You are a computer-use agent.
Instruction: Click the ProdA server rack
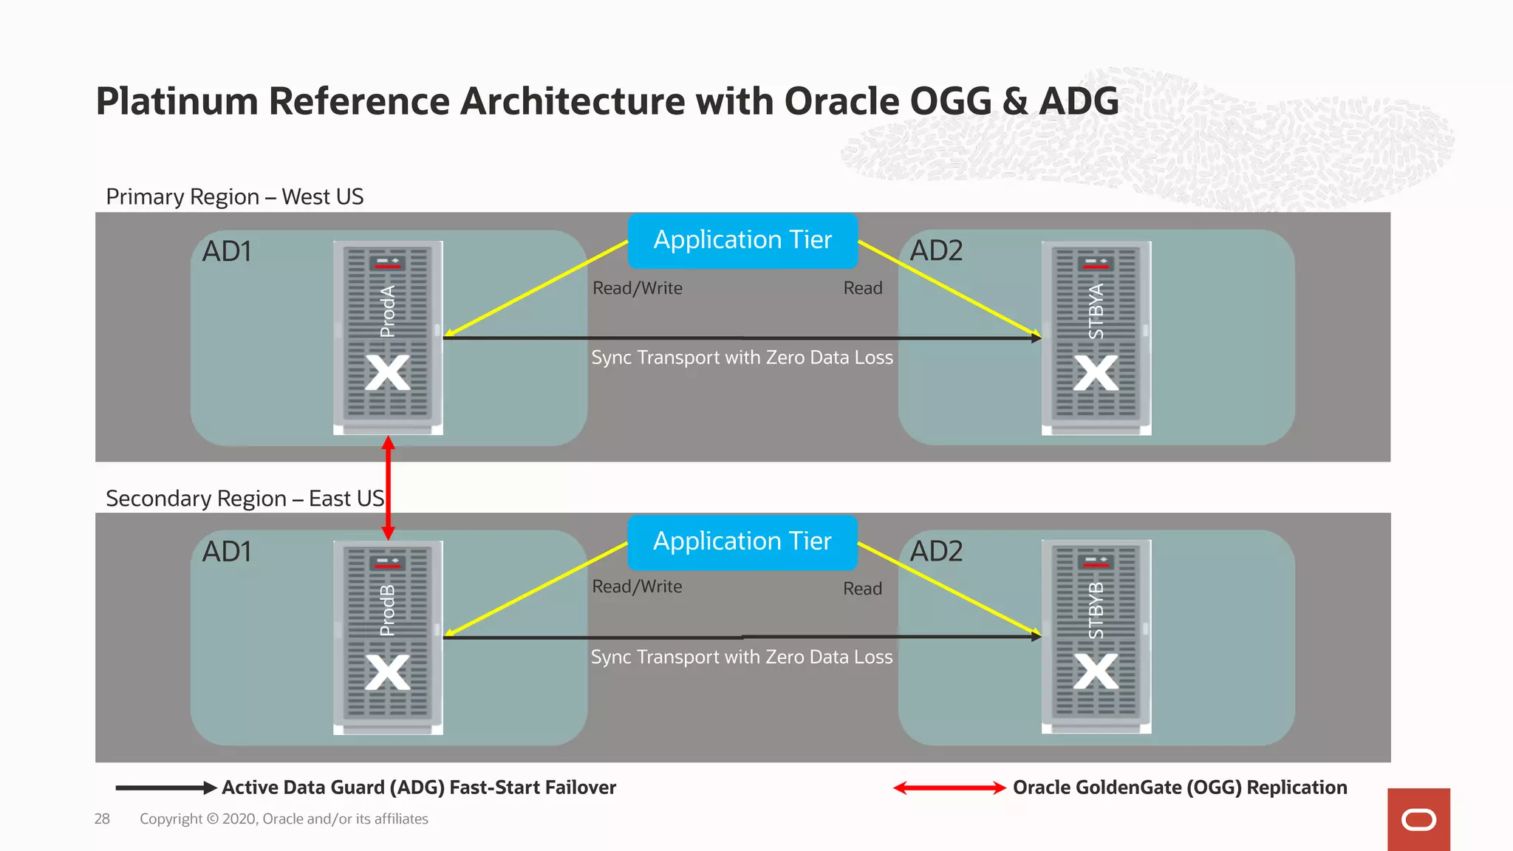[x=388, y=338]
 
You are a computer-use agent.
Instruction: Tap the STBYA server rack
[x=1096, y=338]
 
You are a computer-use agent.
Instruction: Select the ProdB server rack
[x=388, y=638]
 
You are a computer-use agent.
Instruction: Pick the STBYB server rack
[x=1096, y=637]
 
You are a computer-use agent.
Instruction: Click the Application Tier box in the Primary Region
[x=742, y=240]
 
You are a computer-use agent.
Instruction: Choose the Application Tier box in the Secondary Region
[x=742, y=541]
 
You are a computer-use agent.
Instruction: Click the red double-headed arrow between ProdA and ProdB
[x=388, y=488]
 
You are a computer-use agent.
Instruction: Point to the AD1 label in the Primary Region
[x=227, y=252]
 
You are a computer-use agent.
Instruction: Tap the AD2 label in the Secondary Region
[x=936, y=552]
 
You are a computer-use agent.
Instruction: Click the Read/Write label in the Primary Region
[x=637, y=288]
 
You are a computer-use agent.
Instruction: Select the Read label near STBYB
[x=862, y=589]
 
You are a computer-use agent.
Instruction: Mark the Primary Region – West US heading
[x=234, y=197]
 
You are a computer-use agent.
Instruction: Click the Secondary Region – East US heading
[x=245, y=499]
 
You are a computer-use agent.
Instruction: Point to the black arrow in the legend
[x=165, y=788]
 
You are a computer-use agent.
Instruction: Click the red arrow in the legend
[x=949, y=788]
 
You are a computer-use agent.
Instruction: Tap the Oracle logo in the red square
[x=1418, y=820]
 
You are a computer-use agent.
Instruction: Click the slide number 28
[x=102, y=819]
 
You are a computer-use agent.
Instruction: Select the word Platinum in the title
[x=176, y=101]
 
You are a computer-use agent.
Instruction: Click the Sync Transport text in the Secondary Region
[x=742, y=657]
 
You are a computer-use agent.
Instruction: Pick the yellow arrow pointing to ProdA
[x=536, y=289]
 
